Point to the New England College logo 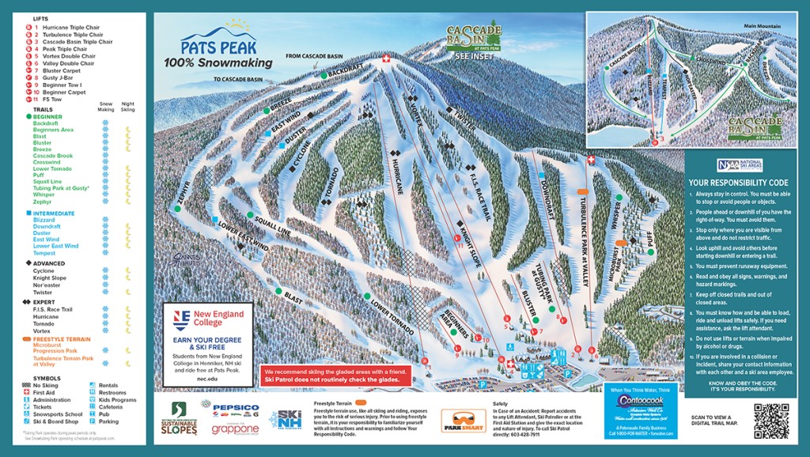tap(207, 319)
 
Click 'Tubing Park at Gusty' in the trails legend tap(61, 187)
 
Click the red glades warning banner tap(331, 376)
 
